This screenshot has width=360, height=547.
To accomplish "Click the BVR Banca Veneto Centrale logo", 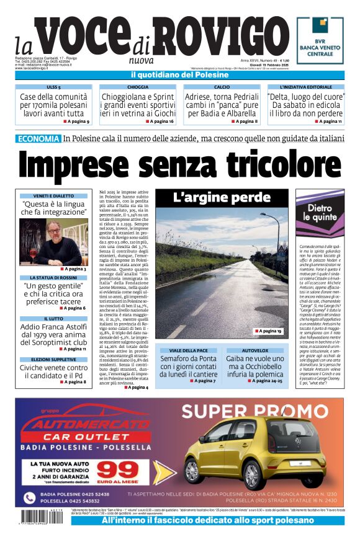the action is (x=320, y=40).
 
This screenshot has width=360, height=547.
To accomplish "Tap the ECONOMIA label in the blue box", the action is (x=38, y=139).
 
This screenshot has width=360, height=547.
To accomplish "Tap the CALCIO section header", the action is (x=222, y=87).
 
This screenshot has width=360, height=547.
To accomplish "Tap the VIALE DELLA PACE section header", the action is (x=188, y=350).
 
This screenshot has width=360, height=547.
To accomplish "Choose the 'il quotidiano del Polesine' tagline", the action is (x=179, y=75).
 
